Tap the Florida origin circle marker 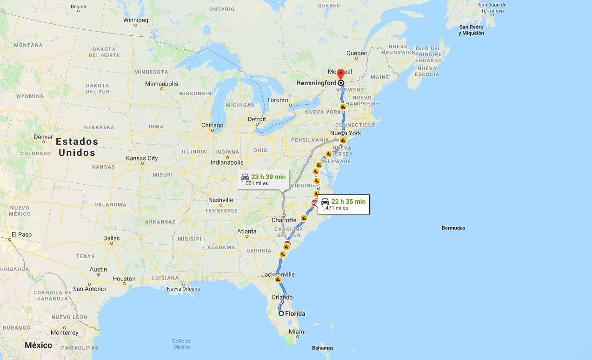click(281, 313)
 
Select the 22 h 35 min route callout click(344, 204)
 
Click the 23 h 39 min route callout click(264, 180)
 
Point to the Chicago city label click(212, 125)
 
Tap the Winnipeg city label click(136, 20)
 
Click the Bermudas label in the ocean click(453, 228)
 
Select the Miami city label click(297, 332)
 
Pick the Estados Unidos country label click(77, 147)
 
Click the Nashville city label click(220, 200)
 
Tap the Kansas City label click(142, 158)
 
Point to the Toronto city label click(278, 100)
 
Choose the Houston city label click(124, 279)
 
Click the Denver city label click(43, 137)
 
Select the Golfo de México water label click(181, 344)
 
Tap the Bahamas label click(323, 348)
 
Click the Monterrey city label click(65, 333)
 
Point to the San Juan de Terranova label click(492, 7)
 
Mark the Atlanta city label click(246, 231)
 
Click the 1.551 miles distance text click(254, 184)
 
